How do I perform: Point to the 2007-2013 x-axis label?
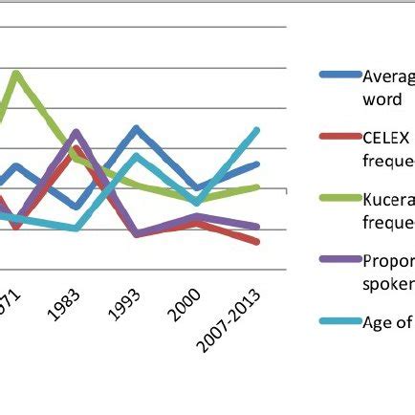coord(227,321)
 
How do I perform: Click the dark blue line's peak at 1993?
coord(137,128)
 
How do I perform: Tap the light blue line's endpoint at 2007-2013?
coord(257,129)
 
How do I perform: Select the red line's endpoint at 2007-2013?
coord(257,242)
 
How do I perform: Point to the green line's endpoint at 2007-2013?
coord(257,186)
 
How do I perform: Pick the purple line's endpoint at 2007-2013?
coord(257,227)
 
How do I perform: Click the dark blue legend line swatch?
coord(339,74)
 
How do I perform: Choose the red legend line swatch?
coord(339,137)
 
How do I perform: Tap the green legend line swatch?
coord(339,198)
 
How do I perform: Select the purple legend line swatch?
coord(339,259)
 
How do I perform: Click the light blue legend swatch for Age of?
coord(339,321)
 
